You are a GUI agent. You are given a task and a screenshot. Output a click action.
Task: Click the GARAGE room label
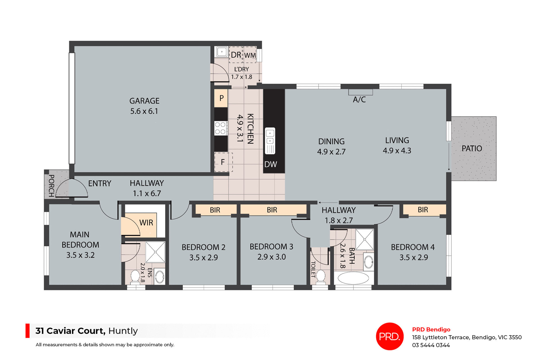144,101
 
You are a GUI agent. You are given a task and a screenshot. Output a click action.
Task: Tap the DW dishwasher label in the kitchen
271,164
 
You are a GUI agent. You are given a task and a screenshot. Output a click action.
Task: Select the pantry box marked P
221,98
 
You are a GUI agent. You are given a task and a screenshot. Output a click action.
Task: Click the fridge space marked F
223,162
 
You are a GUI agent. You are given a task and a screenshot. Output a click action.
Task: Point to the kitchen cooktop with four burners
220,128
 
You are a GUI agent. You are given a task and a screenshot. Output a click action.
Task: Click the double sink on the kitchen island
270,137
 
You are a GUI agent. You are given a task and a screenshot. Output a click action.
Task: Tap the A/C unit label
359,99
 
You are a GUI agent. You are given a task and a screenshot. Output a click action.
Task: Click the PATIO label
472,148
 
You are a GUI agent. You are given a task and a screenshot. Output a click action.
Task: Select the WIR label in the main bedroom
146,223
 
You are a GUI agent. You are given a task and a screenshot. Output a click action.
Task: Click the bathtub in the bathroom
353,278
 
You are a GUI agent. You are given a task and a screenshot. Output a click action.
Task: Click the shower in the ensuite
155,252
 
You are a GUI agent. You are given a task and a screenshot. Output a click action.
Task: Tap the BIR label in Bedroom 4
423,210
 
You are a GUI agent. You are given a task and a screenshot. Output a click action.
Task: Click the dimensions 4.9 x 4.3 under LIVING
397,151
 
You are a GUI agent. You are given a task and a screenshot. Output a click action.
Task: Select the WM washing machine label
250,55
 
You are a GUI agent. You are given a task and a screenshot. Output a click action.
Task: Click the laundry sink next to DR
222,52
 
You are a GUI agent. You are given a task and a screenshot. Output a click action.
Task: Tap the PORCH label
51,185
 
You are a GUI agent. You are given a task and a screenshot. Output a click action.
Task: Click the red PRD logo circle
390,336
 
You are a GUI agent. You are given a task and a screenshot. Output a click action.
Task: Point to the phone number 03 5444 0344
431,345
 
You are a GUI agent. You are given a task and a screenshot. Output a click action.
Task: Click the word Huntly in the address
123,331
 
